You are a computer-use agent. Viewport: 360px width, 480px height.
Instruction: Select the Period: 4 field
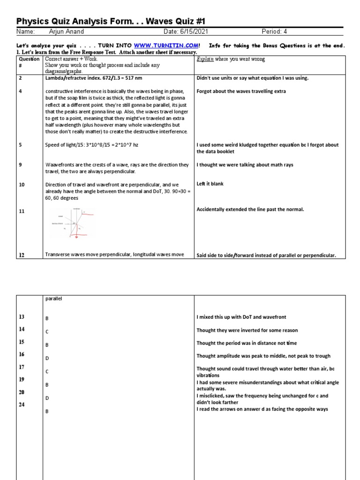(277, 32)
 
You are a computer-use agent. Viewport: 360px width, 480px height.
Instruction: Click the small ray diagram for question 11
(73, 224)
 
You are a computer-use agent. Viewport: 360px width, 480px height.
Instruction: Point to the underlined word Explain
(204, 60)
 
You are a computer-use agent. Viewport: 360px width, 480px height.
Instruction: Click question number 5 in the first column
(21, 145)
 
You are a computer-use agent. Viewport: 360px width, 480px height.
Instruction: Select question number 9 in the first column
(21, 165)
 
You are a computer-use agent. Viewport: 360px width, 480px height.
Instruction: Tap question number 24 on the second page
(22, 405)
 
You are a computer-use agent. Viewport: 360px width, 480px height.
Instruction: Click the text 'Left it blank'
(210, 184)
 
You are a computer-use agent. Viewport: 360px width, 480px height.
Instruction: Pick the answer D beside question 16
(47, 358)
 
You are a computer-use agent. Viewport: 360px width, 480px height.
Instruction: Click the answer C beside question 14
(47, 331)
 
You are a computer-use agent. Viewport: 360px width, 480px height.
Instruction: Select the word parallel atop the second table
(54, 299)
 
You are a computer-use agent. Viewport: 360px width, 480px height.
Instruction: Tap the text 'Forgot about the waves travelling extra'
(241, 91)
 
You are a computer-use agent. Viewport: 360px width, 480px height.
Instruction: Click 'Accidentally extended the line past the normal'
(250, 210)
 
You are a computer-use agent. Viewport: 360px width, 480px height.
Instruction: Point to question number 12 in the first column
(22, 255)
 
